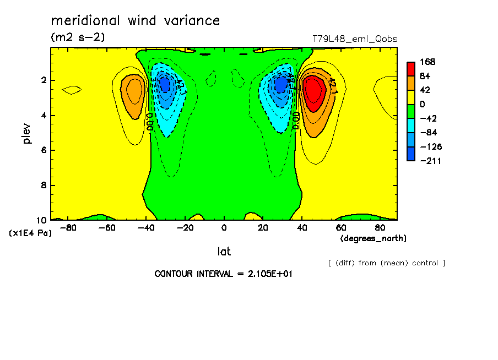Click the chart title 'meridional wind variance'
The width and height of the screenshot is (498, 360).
click(135, 21)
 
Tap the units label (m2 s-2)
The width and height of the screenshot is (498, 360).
click(78, 37)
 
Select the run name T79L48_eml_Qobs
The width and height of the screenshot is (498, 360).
click(355, 39)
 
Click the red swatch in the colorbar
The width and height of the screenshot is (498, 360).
click(411, 69)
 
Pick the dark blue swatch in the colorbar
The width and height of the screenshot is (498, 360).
click(411, 154)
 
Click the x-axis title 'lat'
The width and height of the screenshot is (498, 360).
click(224, 252)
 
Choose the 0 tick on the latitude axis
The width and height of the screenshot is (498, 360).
click(224, 227)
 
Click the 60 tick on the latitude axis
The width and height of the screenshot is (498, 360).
click(341, 227)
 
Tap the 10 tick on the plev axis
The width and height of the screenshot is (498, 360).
click(43, 220)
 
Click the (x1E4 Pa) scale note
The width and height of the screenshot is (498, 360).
click(30, 233)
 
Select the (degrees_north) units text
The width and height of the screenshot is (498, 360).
click(373, 238)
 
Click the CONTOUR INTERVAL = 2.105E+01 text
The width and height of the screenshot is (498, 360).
click(223, 274)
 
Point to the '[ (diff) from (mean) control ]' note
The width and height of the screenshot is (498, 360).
click(386, 263)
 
